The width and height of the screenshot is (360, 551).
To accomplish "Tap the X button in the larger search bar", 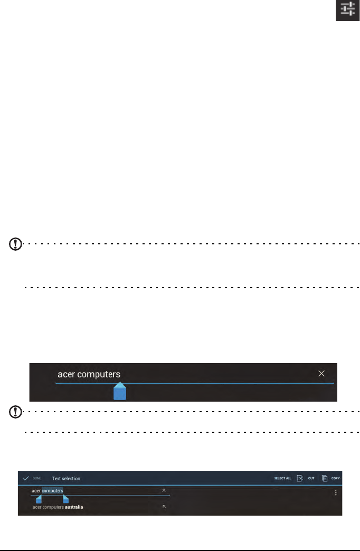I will (x=321, y=374).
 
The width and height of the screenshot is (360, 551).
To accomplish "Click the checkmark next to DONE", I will (x=25, y=478).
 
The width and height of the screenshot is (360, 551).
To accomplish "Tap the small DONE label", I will (x=37, y=478).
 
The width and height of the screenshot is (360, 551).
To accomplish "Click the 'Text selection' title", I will (x=66, y=479).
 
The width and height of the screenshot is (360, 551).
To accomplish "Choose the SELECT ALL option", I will (x=282, y=479).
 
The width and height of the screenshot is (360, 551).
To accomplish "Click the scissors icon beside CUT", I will (x=299, y=478).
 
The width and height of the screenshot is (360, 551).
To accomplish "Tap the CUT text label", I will (x=311, y=479).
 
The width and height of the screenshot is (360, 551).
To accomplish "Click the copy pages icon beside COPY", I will (x=325, y=478).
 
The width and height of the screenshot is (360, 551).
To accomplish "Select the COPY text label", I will (x=336, y=479).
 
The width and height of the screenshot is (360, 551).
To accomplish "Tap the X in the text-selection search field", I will (x=164, y=490).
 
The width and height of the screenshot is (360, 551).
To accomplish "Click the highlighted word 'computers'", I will (x=53, y=491).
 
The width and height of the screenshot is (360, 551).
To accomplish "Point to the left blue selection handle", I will (x=39, y=499).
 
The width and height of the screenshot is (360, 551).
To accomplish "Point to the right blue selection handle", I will (x=65, y=499).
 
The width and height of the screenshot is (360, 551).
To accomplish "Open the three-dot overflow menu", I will (x=336, y=492).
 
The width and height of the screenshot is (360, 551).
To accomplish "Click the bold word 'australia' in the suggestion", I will (x=74, y=507).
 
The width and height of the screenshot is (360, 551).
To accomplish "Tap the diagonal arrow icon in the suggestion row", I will (x=164, y=507).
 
